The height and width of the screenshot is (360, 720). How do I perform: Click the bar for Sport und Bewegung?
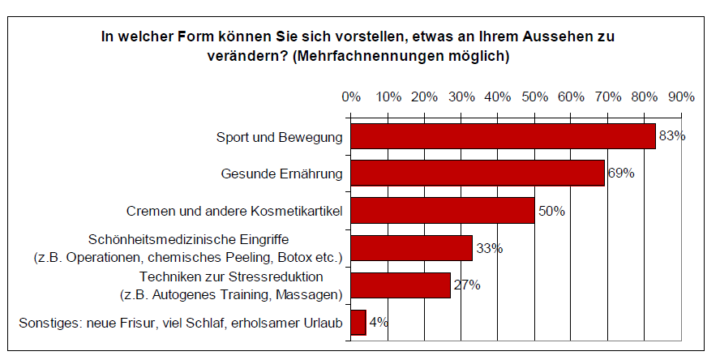pos(502,136)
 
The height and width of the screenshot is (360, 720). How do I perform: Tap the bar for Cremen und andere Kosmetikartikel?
pos(442,211)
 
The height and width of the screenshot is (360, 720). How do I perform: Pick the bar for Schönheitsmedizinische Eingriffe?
pos(410,248)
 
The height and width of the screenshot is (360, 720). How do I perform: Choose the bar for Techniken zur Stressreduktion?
pos(400,285)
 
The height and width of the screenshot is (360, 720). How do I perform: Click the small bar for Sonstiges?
pos(358,323)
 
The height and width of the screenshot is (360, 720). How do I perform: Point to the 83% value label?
pos(672,136)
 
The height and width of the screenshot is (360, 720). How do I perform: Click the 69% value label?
pos(620,174)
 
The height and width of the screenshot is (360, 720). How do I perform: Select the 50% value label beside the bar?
pos(551,211)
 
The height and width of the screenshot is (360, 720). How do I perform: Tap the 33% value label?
pos(489,248)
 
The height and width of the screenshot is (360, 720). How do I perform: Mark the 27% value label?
pos(467,285)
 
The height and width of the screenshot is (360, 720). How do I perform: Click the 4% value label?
pos(379,323)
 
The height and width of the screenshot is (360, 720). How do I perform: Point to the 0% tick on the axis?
pos(351,96)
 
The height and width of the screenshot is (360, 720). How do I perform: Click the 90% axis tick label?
pos(681,96)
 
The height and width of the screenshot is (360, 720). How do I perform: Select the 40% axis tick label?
pos(498,96)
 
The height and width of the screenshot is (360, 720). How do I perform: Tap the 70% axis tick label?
pos(608,96)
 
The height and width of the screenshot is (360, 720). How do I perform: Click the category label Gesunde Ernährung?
pos(281,174)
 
